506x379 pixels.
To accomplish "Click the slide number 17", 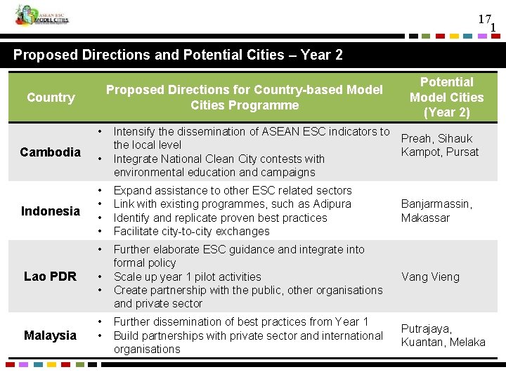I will click(484, 20).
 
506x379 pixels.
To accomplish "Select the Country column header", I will click(51, 98).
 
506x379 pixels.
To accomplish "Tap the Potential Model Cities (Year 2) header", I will click(447, 98).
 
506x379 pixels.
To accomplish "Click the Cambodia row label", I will click(51, 152).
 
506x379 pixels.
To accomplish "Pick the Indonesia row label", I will click(51, 211).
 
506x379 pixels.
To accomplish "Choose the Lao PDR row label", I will click(51, 277).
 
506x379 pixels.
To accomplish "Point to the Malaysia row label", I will click(51, 335).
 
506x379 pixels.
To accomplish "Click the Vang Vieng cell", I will click(430, 277).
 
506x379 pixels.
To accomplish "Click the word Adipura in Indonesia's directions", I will click(332, 204).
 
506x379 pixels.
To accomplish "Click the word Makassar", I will click(424, 218).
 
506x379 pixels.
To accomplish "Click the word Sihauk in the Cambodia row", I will click(455, 138).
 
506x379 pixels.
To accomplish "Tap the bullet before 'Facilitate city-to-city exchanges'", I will click(103, 231).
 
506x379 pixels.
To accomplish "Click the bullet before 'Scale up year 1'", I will click(103, 277).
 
